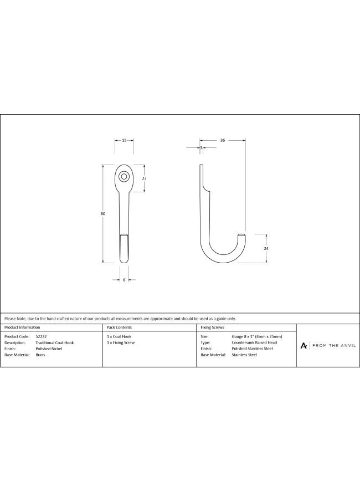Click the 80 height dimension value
[x=102, y=213]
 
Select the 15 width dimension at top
[x=124, y=140]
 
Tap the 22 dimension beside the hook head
[x=145, y=178]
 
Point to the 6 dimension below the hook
[x=124, y=280]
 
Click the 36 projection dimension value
[x=223, y=140]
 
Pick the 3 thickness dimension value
[x=202, y=148]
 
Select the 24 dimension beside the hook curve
[x=266, y=248]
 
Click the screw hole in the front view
[x=124, y=176]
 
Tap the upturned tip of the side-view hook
[x=242, y=236]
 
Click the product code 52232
[x=41, y=336]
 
